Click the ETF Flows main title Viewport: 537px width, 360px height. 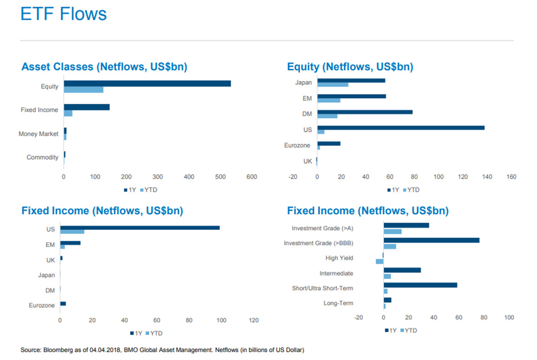pyautogui.click(x=64, y=13)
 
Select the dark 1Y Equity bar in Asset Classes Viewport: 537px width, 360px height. pyautogui.click(x=147, y=84)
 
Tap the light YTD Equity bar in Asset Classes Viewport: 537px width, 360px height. pyautogui.click(x=83, y=90)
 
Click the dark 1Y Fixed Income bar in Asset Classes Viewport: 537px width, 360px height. pyautogui.click(x=86, y=107)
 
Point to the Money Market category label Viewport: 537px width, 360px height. pyautogui.click(x=38, y=134)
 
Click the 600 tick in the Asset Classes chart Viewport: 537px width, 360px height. pyautogui.click(x=251, y=177)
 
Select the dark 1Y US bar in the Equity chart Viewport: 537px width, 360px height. pyautogui.click(x=401, y=128)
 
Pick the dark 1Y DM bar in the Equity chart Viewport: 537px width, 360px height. pyautogui.click(x=365, y=112)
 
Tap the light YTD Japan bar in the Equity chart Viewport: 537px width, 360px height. pyautogui.click(x=333, y=84)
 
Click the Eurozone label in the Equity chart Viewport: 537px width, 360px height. pyautogui.click(x=297, y=146)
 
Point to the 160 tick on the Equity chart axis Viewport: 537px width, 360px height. pyautogui.click(x=511, y=177)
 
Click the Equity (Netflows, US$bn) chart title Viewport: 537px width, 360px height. pyautogui.click(x=350, y=67)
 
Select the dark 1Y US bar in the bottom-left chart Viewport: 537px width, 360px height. pyautogui.click(x=140, y=228)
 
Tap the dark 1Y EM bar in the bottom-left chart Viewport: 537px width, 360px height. pyautogui.click(x=70, y=243)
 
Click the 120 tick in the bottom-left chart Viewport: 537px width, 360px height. pyautogui.click(x=254, y=320)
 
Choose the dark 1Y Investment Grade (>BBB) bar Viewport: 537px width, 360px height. pyautogui.click(x=431, y=240)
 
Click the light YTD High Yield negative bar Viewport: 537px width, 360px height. pyautogui.click(x=380, y=261)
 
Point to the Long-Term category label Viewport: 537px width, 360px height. pyautogui.click(x=338, y=303)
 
